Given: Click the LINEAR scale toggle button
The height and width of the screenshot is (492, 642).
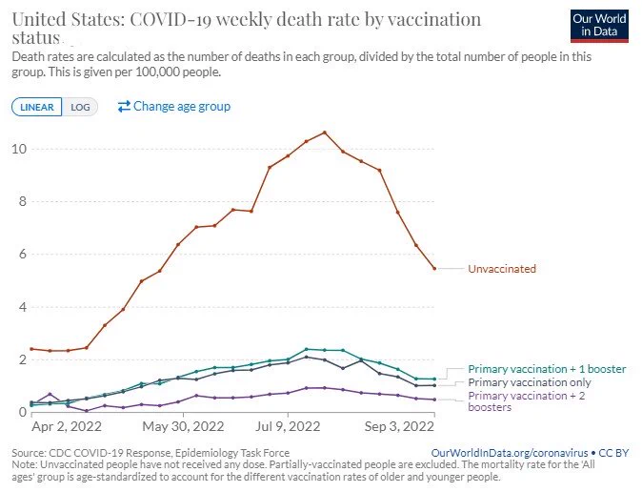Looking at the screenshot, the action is click(37, 107).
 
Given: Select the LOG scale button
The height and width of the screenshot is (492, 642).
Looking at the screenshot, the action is click(80, 107).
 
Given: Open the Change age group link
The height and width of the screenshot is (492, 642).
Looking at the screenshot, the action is click(174, 106).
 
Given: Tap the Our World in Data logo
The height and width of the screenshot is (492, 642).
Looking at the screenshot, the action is click(599, 26).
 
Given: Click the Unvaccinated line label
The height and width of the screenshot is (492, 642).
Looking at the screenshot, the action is click(502, 269).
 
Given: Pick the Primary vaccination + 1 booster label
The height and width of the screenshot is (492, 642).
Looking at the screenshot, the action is click(547, 369).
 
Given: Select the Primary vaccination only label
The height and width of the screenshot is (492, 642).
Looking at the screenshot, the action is click(530, 382).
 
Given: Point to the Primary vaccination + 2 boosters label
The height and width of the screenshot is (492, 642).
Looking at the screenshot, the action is click(527, 401).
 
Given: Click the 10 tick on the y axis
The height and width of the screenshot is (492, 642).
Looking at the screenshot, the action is click(19, 149).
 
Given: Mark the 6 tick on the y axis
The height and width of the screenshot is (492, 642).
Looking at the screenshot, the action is click(22, 254).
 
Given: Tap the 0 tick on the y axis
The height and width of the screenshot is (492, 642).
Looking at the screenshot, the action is click(22, 412).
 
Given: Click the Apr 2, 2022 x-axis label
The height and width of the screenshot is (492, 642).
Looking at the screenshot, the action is click(67, 427).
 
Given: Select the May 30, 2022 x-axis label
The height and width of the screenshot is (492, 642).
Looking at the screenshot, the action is click(183, 427).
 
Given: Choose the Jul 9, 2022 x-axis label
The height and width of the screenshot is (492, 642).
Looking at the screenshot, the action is click(288, 427).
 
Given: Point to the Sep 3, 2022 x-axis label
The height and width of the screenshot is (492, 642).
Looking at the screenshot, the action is click(399, 427).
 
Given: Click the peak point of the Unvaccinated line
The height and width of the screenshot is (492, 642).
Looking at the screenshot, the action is click(325, 133).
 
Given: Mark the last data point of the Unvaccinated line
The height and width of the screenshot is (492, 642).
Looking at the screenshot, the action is click(434, 269).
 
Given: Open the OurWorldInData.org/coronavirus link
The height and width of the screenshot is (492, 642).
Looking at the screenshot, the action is click(510, 453).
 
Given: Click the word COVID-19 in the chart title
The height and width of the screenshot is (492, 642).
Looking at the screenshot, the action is click(171, 19).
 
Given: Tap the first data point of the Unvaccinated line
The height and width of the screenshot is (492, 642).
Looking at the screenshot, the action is click(32, 349).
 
